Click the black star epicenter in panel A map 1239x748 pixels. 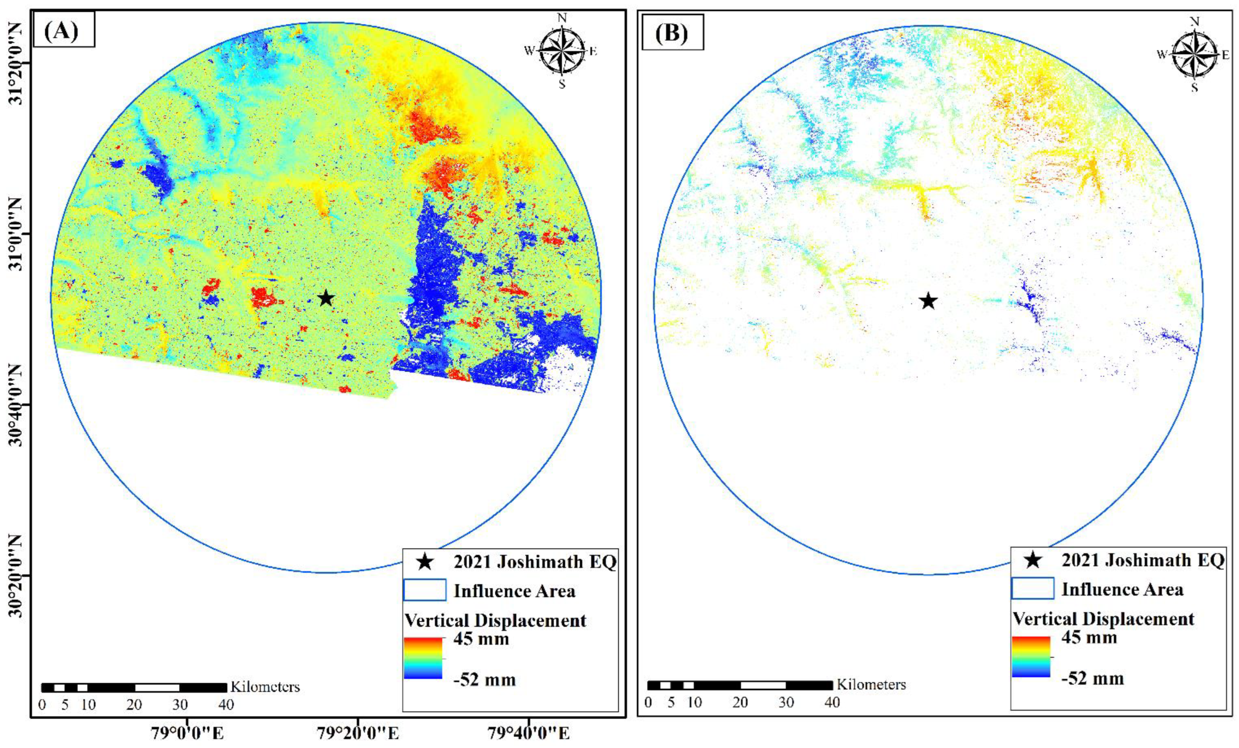click(x=326, y=298)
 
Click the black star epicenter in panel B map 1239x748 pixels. click(x=928, y=301)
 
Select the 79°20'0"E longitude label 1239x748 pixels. click(x=358, y=733)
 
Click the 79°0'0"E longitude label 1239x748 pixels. click(x=187, y=733)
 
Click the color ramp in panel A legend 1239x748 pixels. click(x=423, y=658)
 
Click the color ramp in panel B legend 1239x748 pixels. click(x=1031, y=657)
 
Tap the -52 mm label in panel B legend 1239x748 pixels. click(x=1092, y=679)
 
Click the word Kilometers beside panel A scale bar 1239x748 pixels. click(x=265, y=687)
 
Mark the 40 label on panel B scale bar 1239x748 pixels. click(x=832, y=702)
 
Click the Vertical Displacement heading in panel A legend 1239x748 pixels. click(x=495, y=620)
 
